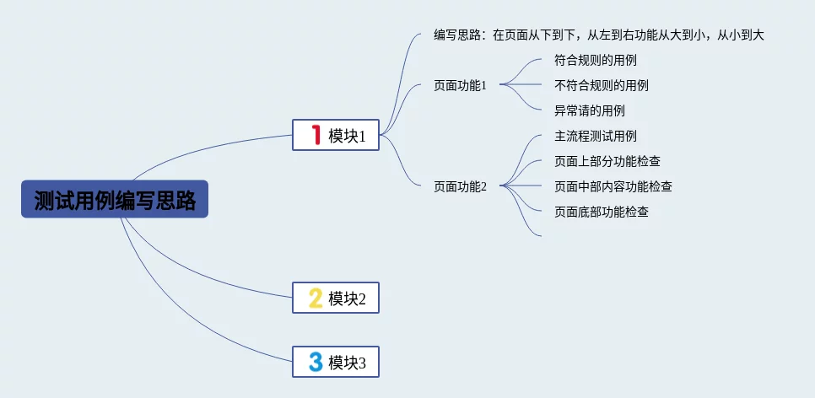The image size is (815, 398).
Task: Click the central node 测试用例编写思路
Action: [115, 200]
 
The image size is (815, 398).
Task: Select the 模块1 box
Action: [336, 135]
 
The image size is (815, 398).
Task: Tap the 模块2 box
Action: [336, 298]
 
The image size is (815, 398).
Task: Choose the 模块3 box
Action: [336, 363]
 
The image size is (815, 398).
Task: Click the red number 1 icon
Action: [316, 135]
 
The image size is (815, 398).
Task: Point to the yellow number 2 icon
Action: [316, 298]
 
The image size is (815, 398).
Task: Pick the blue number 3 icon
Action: [316, 363]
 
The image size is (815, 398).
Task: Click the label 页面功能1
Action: [460, 85]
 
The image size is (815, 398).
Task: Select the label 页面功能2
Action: [460, 187]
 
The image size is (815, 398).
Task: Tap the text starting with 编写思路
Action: [598, 35]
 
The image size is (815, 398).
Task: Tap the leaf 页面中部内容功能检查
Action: [613, 186]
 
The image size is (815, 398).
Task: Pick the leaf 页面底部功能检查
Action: [601, 212]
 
